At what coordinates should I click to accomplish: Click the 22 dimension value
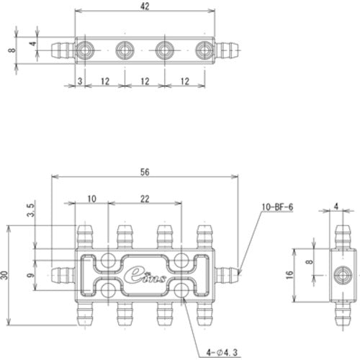tap(145, 198)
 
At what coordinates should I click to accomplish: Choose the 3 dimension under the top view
tap(78, 81)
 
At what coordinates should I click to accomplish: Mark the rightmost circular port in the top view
tap(204, 50)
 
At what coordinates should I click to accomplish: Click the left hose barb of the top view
tap(63, 50)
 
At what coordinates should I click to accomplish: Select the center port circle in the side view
tap(342, 274)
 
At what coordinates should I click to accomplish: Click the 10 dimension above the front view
tap(91, 198)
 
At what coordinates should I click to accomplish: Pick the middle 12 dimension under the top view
tap(145, 81)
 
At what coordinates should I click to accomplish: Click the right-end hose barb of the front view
tap(227, 274)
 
